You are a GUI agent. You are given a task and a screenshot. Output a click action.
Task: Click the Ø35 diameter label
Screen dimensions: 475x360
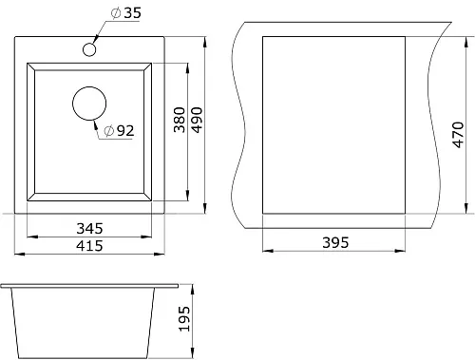click(125, 13)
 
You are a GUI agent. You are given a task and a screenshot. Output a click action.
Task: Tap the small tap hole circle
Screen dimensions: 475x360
click(89, 44)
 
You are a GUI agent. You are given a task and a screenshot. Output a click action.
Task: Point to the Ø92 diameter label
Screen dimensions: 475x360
click(119, 130)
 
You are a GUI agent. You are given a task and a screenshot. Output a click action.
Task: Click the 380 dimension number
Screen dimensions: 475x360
click(180, 120)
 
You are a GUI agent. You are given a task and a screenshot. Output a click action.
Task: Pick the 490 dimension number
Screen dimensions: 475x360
click(197, 120)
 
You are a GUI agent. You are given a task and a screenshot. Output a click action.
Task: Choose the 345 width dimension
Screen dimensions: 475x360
click(89, 228)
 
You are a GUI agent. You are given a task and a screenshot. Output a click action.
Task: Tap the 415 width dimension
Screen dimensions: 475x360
click(89, 246)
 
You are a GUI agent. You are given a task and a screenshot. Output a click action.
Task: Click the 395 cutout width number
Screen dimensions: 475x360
click(335, 242)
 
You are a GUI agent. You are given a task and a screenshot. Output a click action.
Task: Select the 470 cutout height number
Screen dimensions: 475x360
click(458, 135)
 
